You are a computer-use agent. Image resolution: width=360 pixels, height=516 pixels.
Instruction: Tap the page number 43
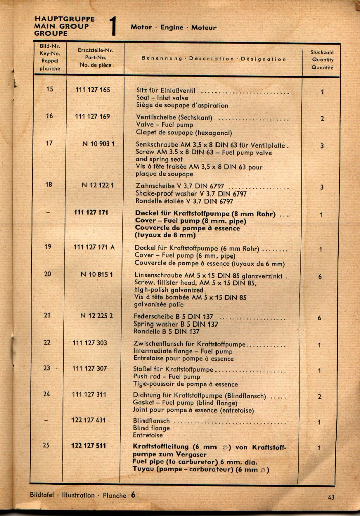point(330,497)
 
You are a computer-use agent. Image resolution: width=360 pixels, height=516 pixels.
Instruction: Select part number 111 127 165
point(93,90)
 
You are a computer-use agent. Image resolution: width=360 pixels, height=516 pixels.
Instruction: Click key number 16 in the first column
point(49,116)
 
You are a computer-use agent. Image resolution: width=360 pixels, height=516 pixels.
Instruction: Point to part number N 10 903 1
point(98,144)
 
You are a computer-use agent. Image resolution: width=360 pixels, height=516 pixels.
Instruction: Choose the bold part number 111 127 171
point(91,213)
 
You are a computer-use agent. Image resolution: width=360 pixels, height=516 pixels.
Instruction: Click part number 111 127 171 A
point(94,247)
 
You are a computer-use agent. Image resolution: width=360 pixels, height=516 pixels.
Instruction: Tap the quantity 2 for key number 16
point(322,119)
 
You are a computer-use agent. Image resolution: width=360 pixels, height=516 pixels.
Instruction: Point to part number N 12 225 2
point(97,316)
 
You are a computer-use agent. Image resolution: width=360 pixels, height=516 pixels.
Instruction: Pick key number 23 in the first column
point(47,368)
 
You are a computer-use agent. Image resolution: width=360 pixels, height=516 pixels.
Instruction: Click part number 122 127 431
point(89,420)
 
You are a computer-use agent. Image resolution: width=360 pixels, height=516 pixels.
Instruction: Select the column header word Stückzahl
point(322,52)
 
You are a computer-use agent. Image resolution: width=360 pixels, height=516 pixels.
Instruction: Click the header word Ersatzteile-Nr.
point(96,50)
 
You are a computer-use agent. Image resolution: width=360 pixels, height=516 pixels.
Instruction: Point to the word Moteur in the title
point(204,28)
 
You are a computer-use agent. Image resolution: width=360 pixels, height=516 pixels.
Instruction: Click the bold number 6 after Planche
point(133,495)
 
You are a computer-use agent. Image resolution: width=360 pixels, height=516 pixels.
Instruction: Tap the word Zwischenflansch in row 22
point(159,344)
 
